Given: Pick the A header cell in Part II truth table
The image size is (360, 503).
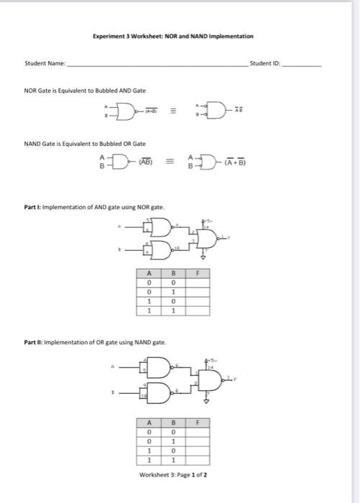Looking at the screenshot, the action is (149, 423).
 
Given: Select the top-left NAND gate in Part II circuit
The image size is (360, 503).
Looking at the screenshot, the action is (157, 369).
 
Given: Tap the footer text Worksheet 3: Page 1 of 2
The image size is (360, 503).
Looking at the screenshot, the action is (176, 475).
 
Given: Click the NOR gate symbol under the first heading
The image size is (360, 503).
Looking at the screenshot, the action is (127, 111).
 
